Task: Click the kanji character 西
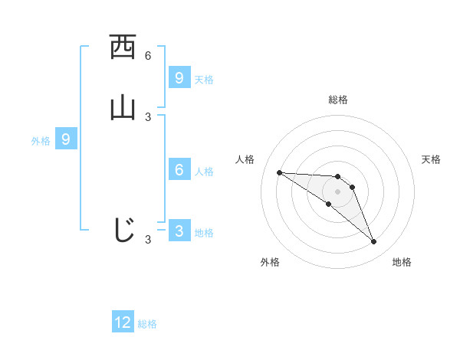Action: [123, 47]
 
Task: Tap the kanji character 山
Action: [123, 107]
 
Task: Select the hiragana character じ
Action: [123, 229]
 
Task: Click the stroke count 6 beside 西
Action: [148, 56]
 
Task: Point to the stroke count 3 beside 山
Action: [148, 116]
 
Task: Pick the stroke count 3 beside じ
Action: [148, 240]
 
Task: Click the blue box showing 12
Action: [123, 322]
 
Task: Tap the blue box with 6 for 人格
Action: [179, 170]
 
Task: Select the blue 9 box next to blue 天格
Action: [179, 77]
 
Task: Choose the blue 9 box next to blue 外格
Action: [66, 139]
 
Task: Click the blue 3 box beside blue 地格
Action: [179, 231]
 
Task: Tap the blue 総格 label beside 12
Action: [147, 324]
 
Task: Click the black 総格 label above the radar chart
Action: [337, 100]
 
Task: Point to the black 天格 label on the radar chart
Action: [431, 159]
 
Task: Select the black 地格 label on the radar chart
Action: [402, 262]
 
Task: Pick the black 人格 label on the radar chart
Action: [245, 159]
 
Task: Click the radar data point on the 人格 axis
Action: [279, 172]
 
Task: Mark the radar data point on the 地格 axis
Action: [374, 242]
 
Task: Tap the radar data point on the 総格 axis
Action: [337, 176]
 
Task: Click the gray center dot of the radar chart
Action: [337, 191]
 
